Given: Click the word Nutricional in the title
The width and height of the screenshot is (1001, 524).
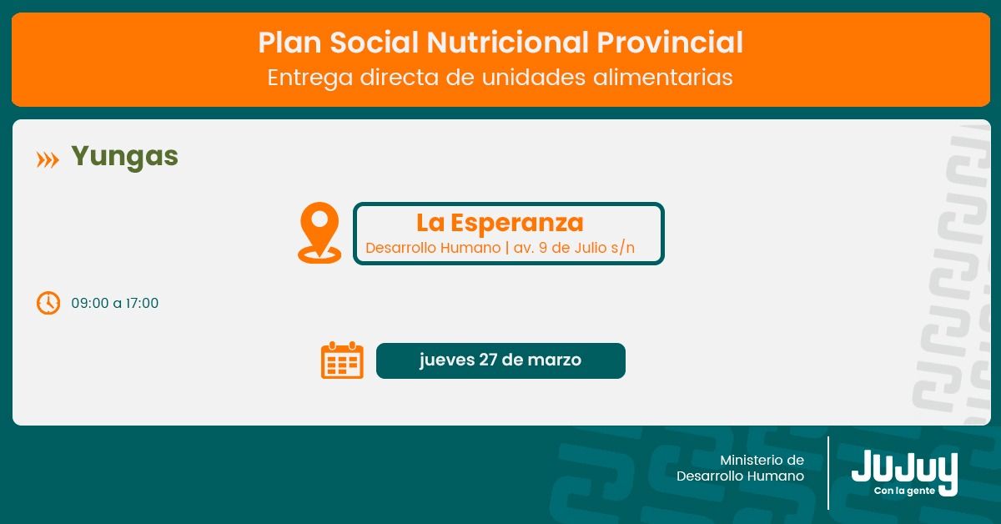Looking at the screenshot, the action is point(508,43).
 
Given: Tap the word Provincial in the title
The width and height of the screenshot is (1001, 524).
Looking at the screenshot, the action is point(670,43).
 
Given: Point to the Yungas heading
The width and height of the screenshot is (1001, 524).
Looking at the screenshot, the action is point(124,157).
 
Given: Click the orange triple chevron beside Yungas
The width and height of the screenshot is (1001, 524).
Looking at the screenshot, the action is point(48,160).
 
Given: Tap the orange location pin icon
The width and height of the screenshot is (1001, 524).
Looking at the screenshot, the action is point(319,233).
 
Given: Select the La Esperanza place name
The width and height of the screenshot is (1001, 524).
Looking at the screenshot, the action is point(500,223).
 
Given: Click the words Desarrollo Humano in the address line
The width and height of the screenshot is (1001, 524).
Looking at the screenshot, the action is point(433,248).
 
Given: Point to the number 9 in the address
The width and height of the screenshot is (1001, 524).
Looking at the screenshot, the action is point(543,248).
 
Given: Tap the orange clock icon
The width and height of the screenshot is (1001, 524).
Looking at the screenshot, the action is point(48,303).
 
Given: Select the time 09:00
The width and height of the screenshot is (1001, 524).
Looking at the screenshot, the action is point(90,303).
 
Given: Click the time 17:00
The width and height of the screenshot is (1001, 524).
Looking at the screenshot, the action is point(142,303).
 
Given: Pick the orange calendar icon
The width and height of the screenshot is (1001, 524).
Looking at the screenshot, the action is point(342,360).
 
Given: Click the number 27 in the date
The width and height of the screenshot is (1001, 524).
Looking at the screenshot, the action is point(487,360).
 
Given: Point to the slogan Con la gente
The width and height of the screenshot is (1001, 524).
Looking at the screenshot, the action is point(904,491).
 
